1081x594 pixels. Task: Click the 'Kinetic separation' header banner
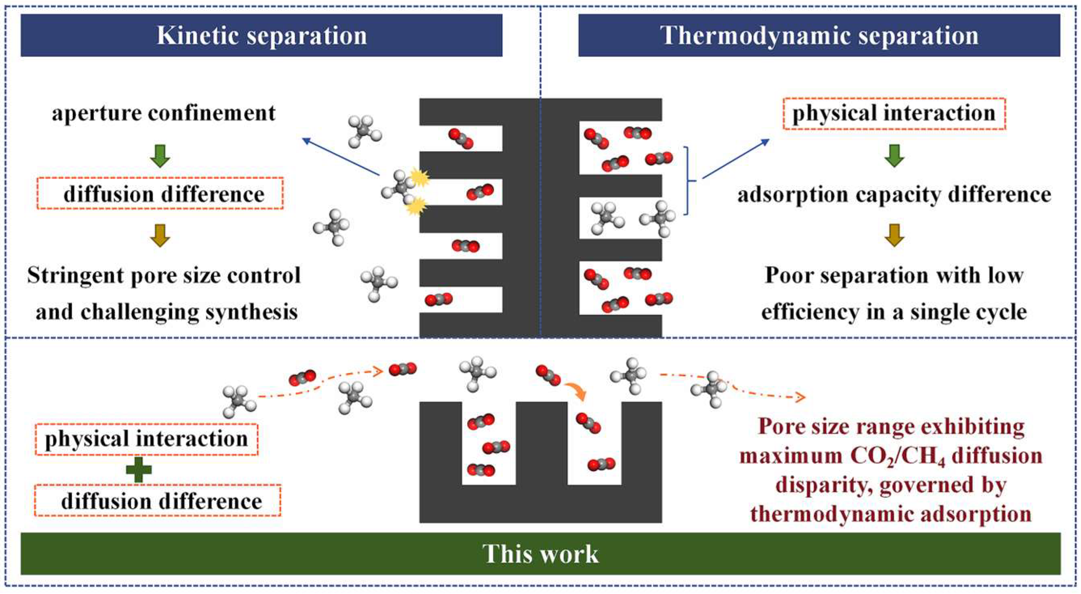(x=261, y=35)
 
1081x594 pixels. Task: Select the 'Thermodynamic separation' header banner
(x=819, y=35)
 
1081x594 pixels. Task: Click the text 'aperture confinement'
(x=164, y=113)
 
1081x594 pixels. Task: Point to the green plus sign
(x=139, y=469)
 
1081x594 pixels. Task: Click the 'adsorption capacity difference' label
(x=894, y=195)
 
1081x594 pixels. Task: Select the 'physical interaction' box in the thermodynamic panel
(x=894, y=114)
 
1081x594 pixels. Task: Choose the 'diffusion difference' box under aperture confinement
(x=160, y=194)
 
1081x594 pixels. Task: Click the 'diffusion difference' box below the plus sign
(x=158, y=501)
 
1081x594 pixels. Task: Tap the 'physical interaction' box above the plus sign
(x=146, y=439)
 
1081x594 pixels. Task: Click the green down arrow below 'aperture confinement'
(x=160, y=156)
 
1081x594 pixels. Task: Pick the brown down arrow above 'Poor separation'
(x=894, y=235)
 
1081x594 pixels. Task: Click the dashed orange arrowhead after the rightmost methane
(x=799, y=397)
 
